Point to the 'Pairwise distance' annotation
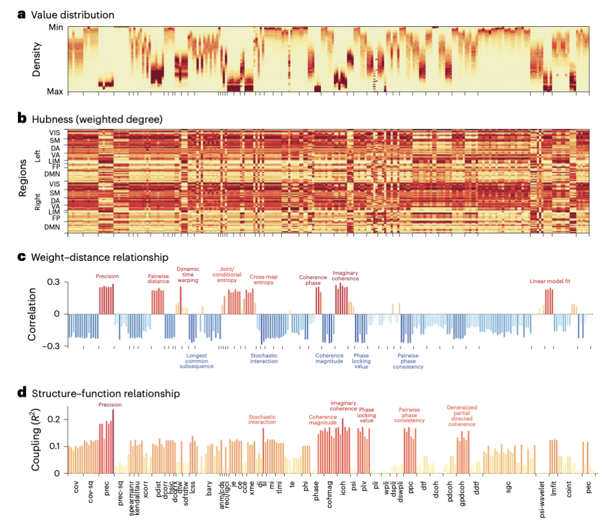point(159,279)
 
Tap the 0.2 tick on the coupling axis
point(56,419)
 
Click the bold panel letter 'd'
point(22,393)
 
